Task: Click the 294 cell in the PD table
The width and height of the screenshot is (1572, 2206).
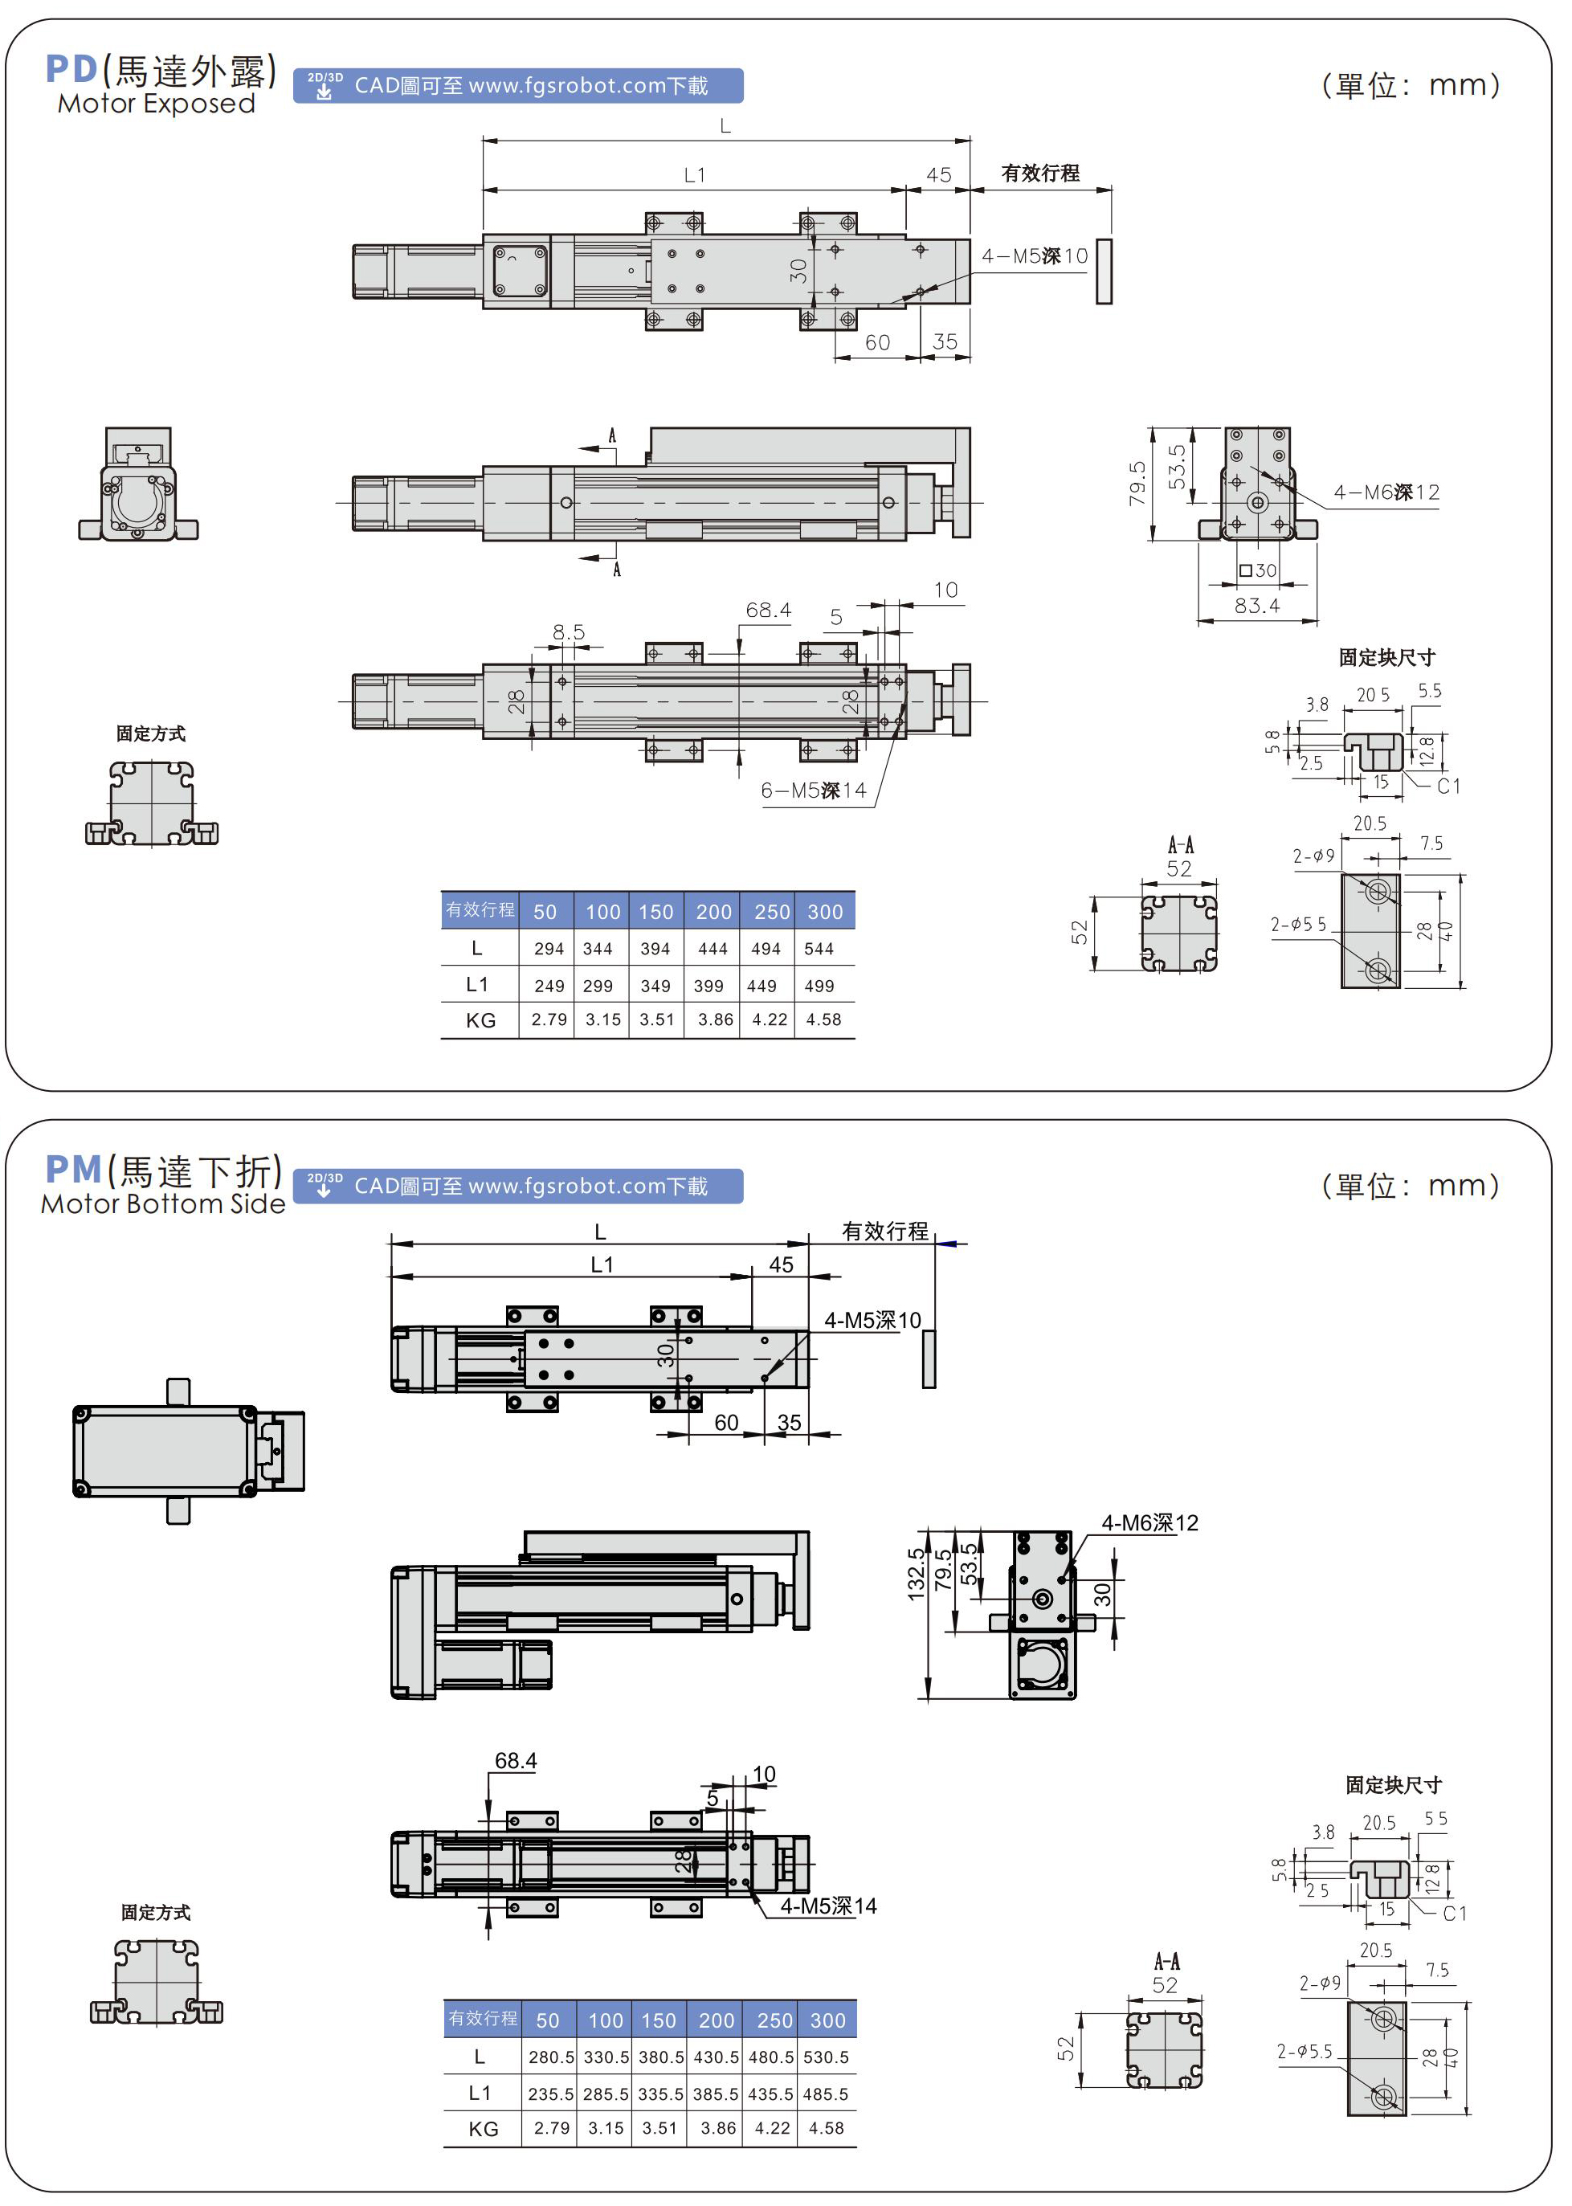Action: pos(548,949)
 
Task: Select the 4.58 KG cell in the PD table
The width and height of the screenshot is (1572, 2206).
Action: pos(823,1019)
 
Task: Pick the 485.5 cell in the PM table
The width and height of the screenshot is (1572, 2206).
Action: pos(826,2094)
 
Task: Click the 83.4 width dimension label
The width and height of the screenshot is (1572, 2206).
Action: pos(1256,606)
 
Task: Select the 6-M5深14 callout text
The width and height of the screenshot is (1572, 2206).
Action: pos(813,790)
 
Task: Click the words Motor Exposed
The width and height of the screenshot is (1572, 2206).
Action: pos(156,104)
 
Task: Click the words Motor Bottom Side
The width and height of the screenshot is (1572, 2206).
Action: pos(162,1204)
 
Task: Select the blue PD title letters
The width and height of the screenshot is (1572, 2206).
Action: pos(71,69)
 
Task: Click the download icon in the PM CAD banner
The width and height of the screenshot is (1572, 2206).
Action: pos(325,1186)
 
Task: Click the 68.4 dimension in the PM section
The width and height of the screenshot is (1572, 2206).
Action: pos(515,1761)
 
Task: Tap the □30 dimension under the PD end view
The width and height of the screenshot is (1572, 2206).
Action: pos(1257,571)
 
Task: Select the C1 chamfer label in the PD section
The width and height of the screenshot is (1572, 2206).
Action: pos(1448,786)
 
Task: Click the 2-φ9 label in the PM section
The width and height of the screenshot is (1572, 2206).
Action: pos(1319,1983)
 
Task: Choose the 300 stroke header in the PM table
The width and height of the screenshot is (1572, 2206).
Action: pos(827,2020)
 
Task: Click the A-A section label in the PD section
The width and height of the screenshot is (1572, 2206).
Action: pos(1180,845)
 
